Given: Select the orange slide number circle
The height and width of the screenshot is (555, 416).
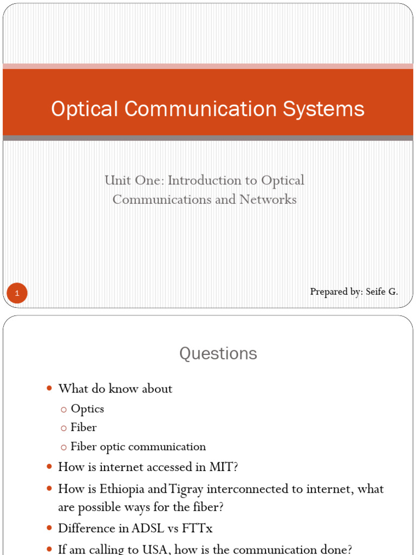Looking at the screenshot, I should coord(17,294).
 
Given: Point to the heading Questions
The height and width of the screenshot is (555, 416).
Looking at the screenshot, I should coord(218,354).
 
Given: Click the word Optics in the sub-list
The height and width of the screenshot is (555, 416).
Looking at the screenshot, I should coord(87,409).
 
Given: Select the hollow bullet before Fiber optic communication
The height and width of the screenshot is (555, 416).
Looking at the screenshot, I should coord(63,447).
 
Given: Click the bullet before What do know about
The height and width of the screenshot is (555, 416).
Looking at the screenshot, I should coord(49,389).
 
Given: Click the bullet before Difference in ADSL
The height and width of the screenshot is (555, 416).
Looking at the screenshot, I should coord(49,527).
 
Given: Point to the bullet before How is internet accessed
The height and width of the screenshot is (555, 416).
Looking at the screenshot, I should coord(49,467).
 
